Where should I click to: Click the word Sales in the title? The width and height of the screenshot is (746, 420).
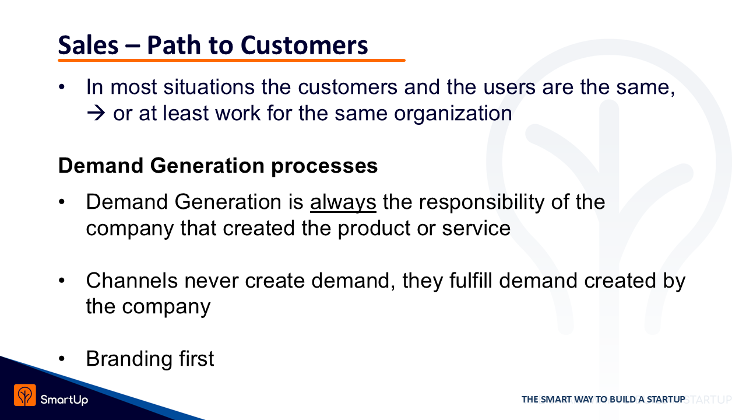[x=88, y=45]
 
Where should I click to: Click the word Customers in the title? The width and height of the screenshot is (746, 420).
[x=304, y=45]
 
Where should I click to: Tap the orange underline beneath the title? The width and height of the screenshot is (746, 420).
[x=231, y=60]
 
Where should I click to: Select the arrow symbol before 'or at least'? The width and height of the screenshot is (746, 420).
[x=96, y=113]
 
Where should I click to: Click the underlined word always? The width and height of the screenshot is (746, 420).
[x=343, y=202]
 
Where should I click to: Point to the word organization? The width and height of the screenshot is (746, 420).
[x=453, y=114]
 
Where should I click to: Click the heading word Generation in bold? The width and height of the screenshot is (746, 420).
[x=207, y=166]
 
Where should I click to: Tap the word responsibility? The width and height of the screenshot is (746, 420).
[x=481, y=202]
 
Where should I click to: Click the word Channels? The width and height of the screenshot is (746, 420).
[x=132, y=281]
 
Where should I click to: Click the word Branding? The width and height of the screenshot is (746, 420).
[x=129, y=359]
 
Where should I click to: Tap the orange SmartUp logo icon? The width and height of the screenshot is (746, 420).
[x=24, y=395]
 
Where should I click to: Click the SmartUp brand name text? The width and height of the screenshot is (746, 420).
[x=64, y=400]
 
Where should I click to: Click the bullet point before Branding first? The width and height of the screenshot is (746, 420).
[x=62, y=359]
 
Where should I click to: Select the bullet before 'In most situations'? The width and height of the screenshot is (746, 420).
[x=62, y=87]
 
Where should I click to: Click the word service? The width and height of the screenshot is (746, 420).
[x=476, y=228]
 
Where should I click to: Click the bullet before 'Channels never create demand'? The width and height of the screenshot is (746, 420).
[x=62, y=281]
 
